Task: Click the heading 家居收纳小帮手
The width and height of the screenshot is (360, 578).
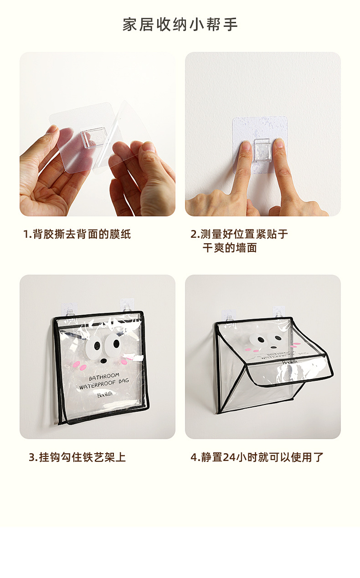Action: click(180, 25)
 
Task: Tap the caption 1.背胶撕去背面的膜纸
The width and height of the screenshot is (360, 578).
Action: click(77, 234)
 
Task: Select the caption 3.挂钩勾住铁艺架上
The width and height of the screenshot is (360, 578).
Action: click(77, 457)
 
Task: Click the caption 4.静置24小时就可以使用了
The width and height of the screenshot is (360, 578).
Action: click(257, 457)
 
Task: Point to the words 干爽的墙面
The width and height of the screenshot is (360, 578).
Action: click(230, 248)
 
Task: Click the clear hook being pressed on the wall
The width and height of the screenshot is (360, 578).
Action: click(262, 150)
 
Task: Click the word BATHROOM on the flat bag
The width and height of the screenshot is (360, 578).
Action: click(104, 377)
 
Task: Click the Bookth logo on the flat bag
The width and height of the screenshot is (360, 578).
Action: click(105, 394)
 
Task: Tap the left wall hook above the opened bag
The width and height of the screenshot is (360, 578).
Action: click(229, 316)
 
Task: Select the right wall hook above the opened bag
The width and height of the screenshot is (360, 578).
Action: click(279, 313)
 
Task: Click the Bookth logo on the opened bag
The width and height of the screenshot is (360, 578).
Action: click(290, 362)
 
